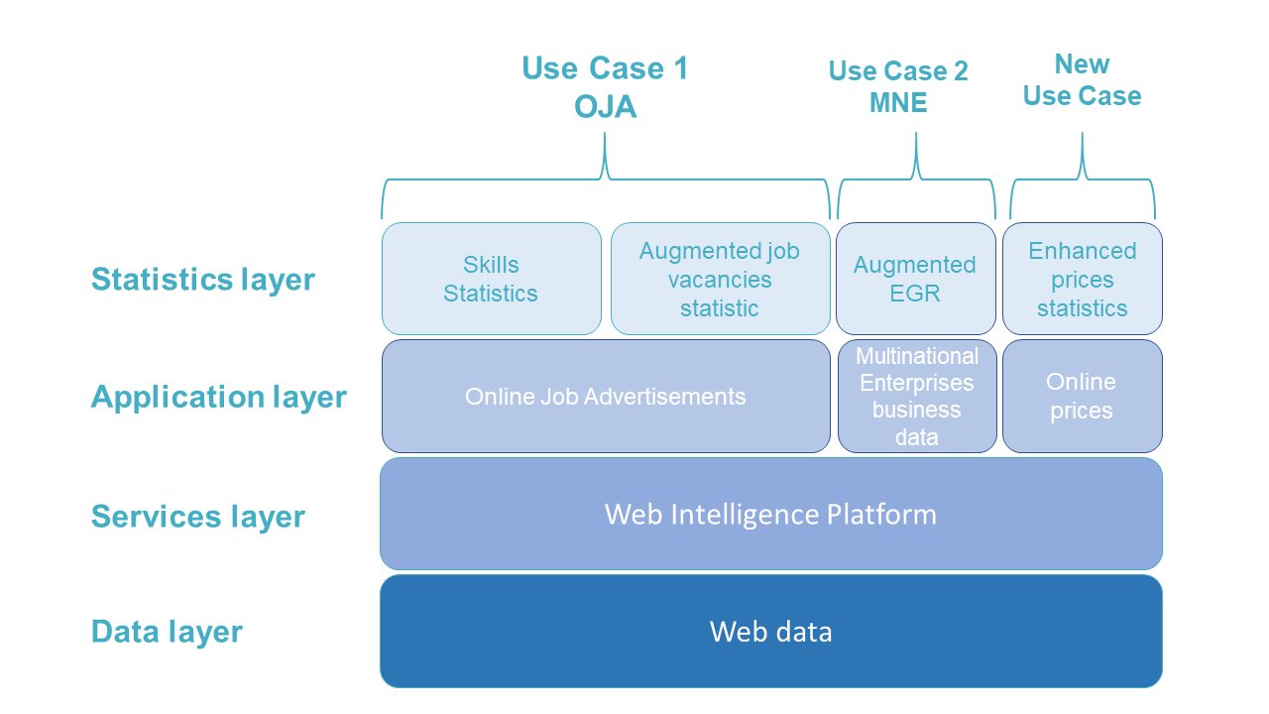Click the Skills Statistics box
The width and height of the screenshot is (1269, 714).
point(491,279)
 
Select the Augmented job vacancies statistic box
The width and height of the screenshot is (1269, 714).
point(720,279)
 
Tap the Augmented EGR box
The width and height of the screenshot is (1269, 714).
point(915,279)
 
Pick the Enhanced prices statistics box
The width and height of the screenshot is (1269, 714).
point(1082,279)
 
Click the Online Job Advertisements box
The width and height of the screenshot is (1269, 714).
point(605,397)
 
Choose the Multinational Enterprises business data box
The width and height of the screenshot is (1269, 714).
point(916,397)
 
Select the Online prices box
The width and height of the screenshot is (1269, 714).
point(1082,397)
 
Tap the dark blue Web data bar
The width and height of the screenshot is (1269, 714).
point(770,632)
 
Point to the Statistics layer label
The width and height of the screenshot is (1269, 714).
point(202,280)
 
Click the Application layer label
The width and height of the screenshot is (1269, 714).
point(218,397)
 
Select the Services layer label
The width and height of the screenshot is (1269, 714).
point(197,517)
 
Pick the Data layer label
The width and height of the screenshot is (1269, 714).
point(167,632)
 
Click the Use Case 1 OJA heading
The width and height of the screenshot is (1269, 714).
point(605,87)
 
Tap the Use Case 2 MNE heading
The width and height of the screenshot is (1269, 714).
point(898,86)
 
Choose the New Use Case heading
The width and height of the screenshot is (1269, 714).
point(1082,80)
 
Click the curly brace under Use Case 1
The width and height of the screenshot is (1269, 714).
point(605,178)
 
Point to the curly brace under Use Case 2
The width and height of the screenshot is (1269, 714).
point(916,179)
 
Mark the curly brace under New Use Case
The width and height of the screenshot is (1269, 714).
point(1083,179)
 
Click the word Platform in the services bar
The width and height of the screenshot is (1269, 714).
point(879,515)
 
